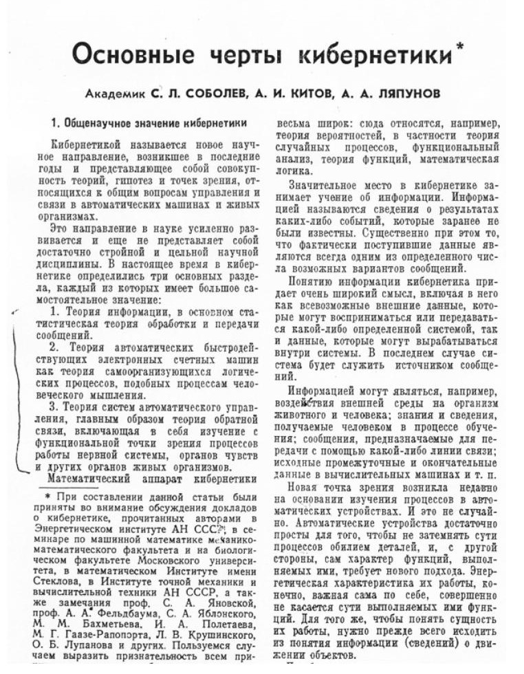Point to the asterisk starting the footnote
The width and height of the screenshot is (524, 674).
click(48, 497)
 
